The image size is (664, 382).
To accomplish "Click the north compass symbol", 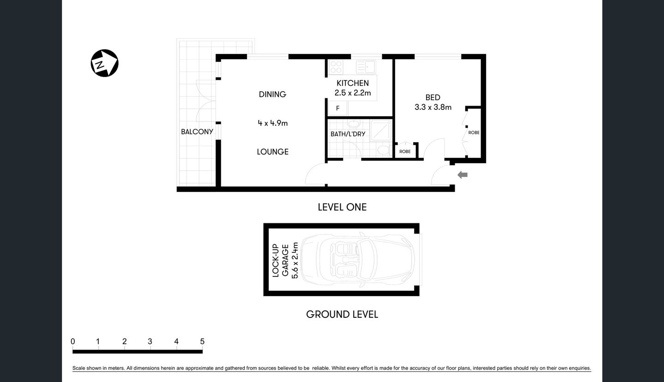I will (105, 63).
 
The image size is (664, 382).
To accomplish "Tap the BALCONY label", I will (197, 131).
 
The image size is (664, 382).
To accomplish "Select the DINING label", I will (272, 94).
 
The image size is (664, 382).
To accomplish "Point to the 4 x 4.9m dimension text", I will (273, 123).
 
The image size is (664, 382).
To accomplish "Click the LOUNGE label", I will (273, 152).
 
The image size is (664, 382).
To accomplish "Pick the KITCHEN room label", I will (353, 83).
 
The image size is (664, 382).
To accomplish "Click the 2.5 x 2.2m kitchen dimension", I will (353, 93).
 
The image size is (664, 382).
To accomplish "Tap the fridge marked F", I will (338, 108).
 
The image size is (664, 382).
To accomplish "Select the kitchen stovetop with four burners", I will (335, 67).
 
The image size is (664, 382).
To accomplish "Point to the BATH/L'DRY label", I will (348, 134).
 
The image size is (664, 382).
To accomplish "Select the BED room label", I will (433, 97).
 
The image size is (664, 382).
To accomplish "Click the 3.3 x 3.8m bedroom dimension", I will (433, 107).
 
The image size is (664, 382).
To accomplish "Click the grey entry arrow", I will (462, 175).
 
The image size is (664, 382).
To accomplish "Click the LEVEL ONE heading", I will (342, 207).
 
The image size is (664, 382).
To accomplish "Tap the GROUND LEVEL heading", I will (342, 315).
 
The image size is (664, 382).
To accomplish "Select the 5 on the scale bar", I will (202, 342).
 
